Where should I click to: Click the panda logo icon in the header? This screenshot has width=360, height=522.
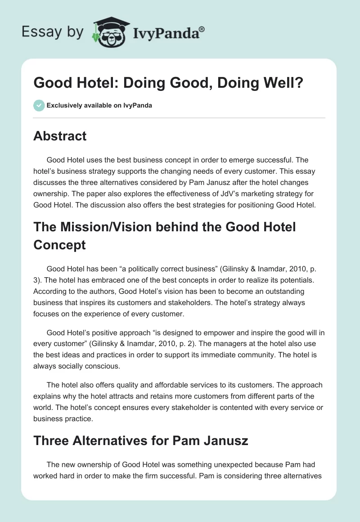tap(108, 31)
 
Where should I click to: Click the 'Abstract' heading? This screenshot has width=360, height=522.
tap(60, 136)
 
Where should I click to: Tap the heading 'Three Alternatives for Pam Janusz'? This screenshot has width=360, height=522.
tap(140, 440)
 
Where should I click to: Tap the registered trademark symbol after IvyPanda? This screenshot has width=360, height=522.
tap(202, 28)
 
